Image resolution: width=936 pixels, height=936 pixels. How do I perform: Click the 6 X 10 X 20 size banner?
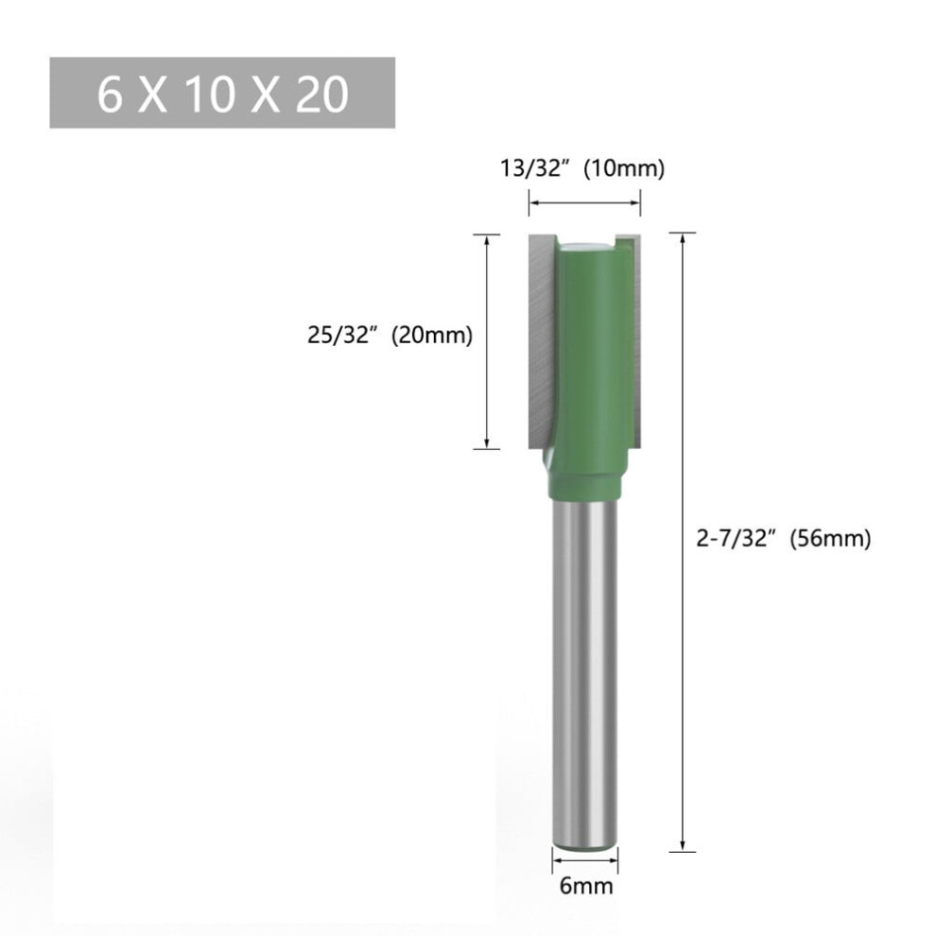(x=222, y=93)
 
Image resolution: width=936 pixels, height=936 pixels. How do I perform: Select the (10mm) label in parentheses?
(x=624, y=169)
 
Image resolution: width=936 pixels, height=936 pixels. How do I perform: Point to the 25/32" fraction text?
(x=343, y=335)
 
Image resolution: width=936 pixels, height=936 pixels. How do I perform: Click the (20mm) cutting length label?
(x=431, y=335)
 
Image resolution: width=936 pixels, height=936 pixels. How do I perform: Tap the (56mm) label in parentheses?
(x=830, y=539)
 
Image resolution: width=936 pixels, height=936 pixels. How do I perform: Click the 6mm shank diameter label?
(x=586, y=886)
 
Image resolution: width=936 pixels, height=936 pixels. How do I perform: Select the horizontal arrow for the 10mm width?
(x=584, y=203)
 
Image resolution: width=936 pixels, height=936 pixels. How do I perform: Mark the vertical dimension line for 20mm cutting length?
(x=487, y=341)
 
